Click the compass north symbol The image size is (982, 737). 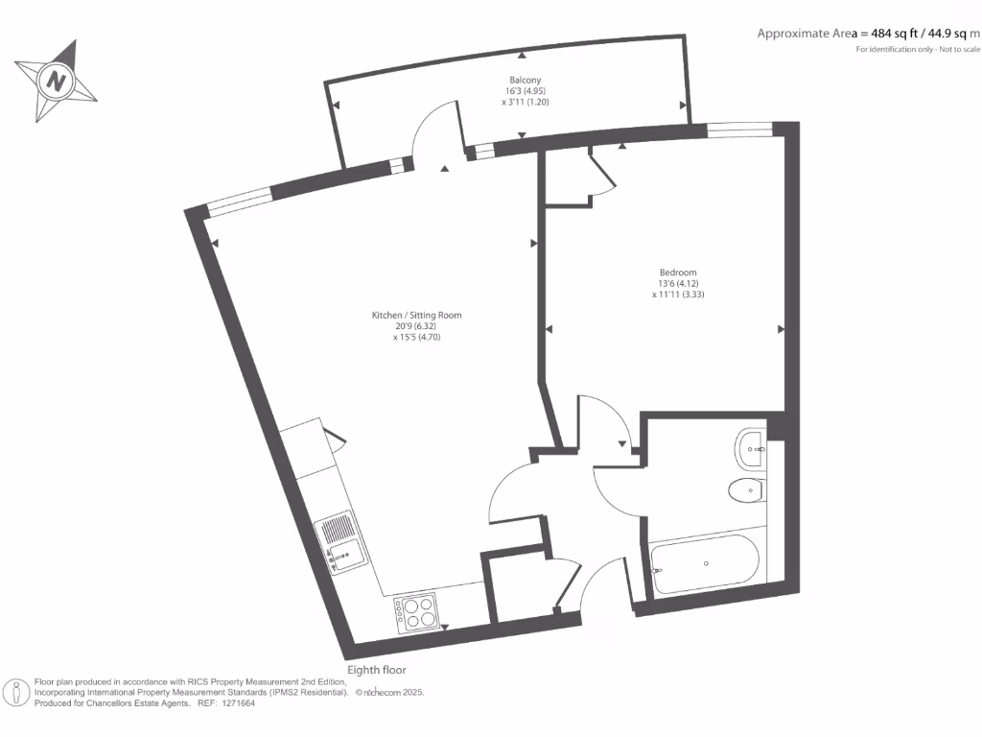(57, 81)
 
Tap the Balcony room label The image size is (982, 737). (525, 81)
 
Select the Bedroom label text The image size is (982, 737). (678, 272)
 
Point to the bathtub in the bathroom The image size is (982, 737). (705, 563)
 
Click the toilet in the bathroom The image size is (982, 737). (745, 491)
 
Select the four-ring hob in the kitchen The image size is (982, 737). (415, 612)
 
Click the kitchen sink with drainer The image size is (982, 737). (339, 542)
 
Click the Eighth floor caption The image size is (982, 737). (377, 670)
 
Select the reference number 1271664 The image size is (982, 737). (236, 703)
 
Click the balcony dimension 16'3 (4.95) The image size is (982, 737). (525, 91)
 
